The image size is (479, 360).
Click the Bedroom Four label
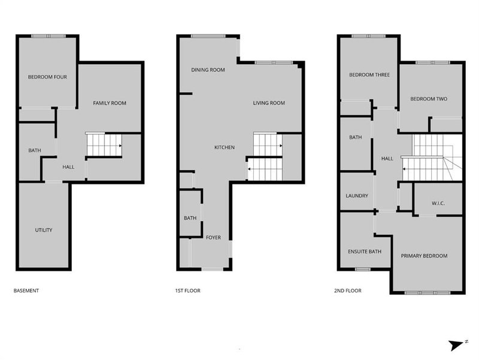pyautogui.click(x=47, y=77)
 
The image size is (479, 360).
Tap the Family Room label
pyautogui.click(x=110, y=103)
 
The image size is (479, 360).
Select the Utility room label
pyautogui.click(x=44, y=230)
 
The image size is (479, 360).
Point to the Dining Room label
pyautogui.click(x=208, y=70)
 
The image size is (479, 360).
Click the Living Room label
pyautogui.click(x=269, y=103)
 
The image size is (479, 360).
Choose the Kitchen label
pyautogui.click(x=225, y=147)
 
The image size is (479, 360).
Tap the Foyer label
pyautogui.click(x=214, y=238)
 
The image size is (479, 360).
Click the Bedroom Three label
pyautogui.click(x=369, y=75)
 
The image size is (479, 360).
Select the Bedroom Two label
pyautogui.click(x=429, y=99)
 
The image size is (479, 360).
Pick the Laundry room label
pyautogui.click(x=356, y=196)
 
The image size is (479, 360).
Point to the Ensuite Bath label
pyautogui.click(x=365, y=251)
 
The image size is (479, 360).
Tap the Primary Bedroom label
pyautogui.click(x=425, y=256)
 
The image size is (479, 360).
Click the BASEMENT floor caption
pyautogui.click(x=26, y=291)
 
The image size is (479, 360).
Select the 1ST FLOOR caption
pyautogui.click(x=187, y=291)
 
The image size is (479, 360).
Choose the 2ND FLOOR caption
pyautogui.click(x=347, y=291)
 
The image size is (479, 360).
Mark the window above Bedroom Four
pyautogui.click(x=48, y=36)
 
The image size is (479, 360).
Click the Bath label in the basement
pyautogui.click(x=34, y=150)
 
